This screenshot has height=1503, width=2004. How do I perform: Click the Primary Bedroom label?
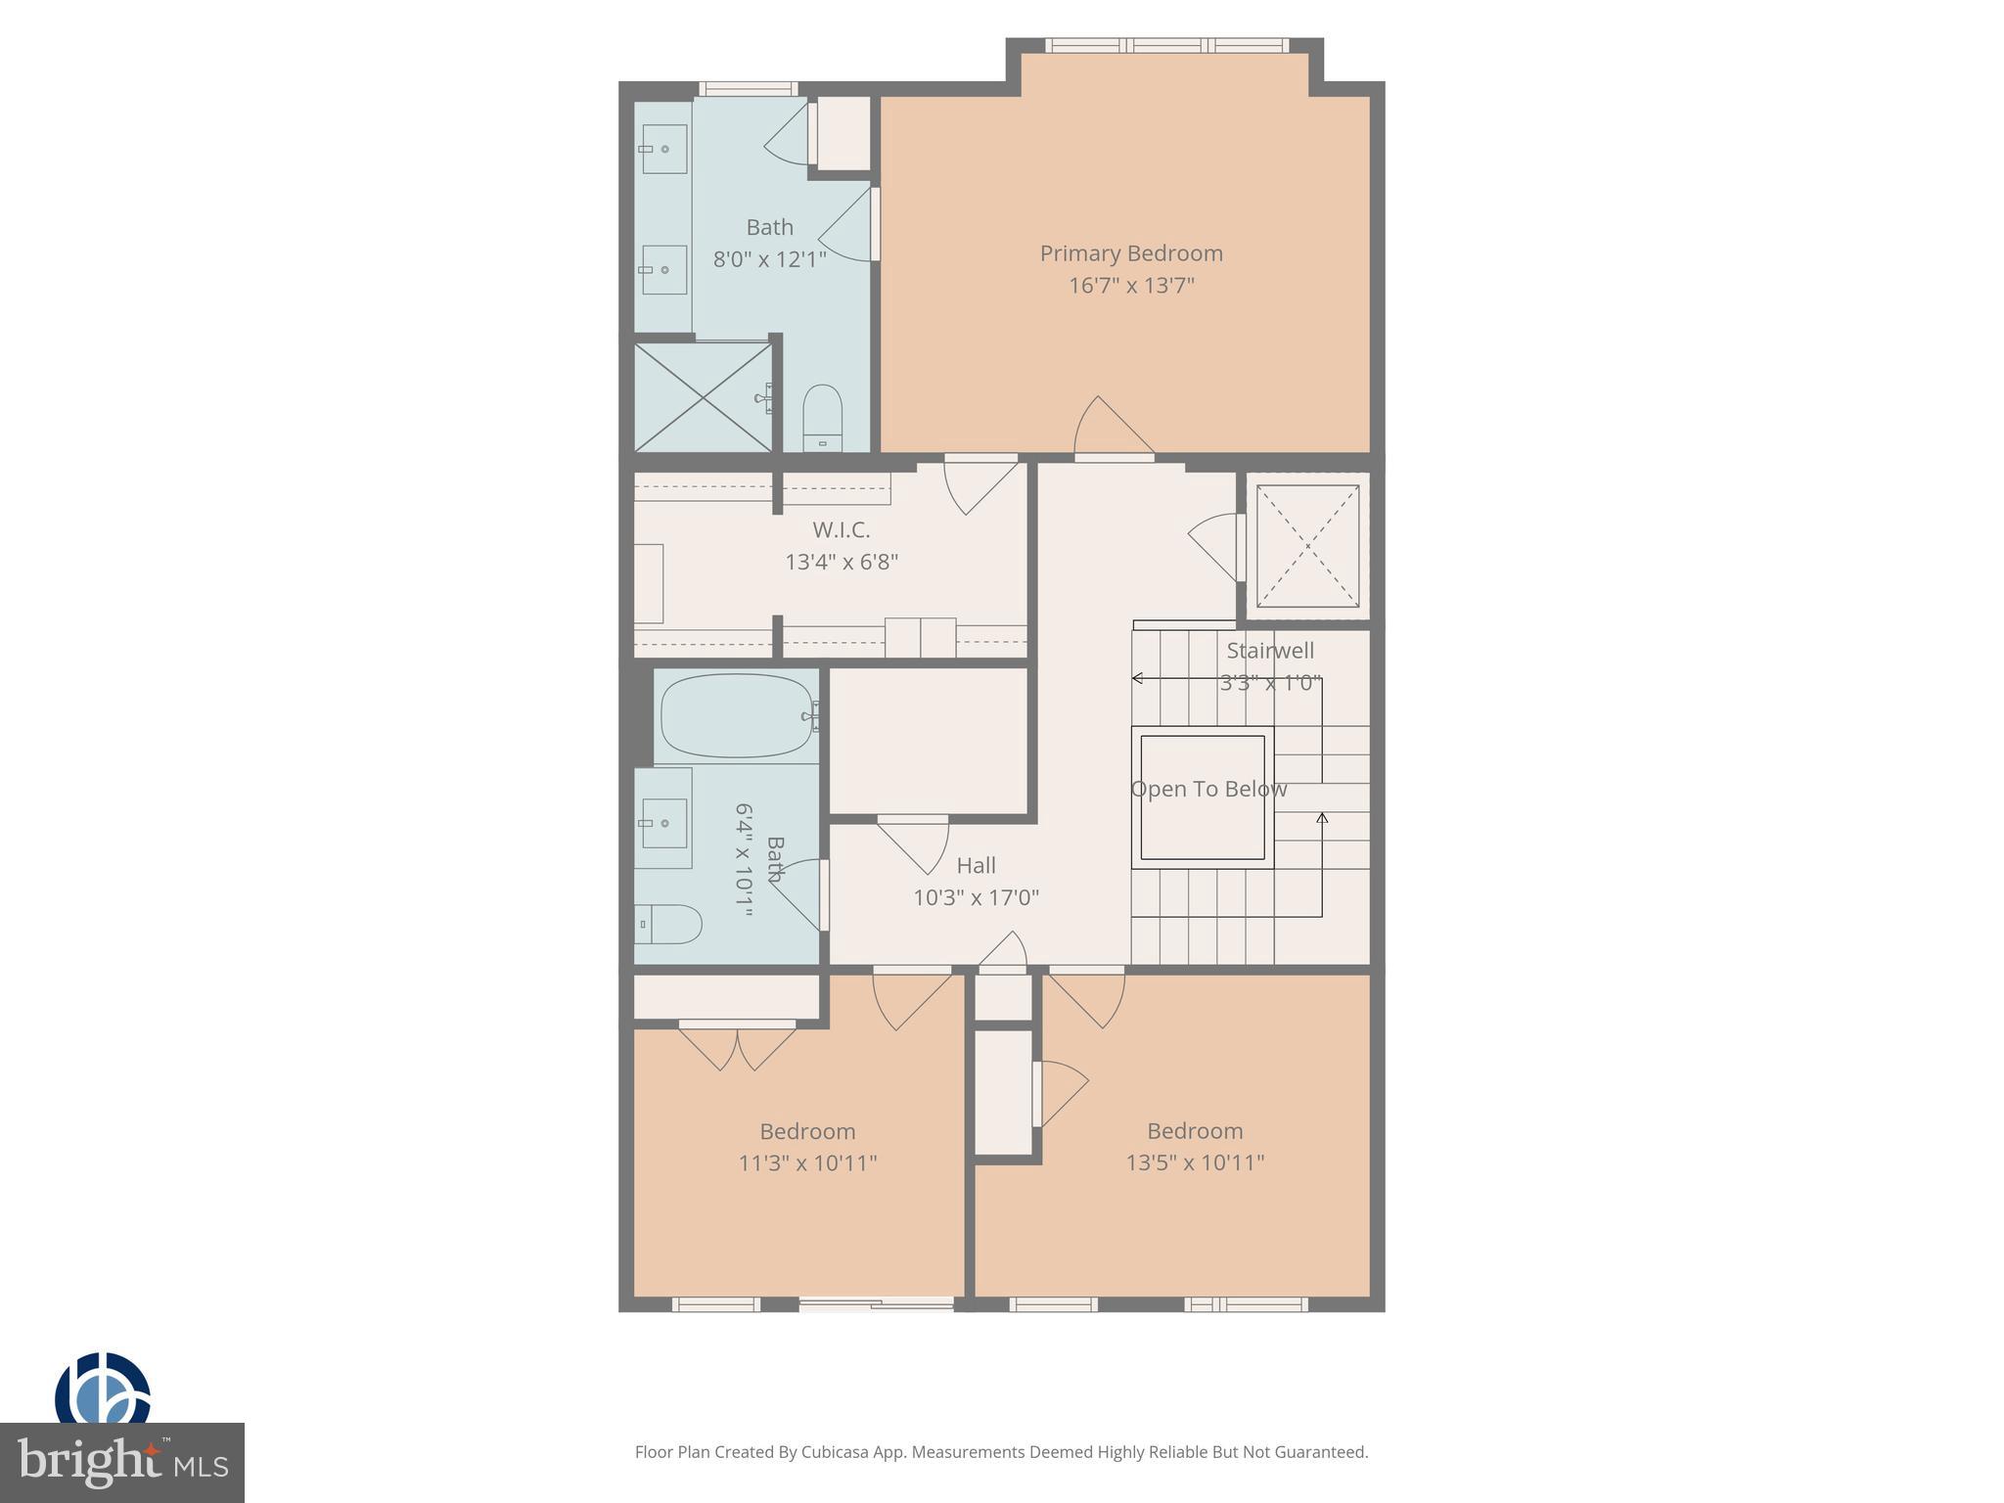pyautogui.click(x=1131, y=253)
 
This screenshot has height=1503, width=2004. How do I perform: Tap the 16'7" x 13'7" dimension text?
pyautogui.click(x=1131, y=286)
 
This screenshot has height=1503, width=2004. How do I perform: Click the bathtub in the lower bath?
pyautogui.click(x=737, y=715)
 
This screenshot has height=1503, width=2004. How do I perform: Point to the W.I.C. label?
pyautogui.click(x=841, y=529)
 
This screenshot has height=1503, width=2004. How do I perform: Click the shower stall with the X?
pyautogui.click(x=703, y=396)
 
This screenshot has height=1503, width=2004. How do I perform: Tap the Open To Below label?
pyautogui.click(x=1208, y=789)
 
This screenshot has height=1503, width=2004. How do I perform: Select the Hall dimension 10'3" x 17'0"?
pyautogui.click(x=976, y=897)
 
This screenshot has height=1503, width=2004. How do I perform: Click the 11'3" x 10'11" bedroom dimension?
pyautogui.click(x=807, y=1163)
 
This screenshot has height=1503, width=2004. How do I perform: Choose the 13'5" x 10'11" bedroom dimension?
pyautogui.click(x=1195, y=1162)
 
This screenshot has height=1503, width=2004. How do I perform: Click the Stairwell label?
pyautogui.click(x=1270, y=651)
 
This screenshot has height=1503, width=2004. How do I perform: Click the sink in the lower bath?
pyautogui.click(x=663, y=823)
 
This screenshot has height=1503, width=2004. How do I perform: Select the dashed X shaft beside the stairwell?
pyautogui.click(x=1307, y=546)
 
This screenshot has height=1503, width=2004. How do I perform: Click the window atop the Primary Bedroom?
pyautogui.click(x=1166, y=45)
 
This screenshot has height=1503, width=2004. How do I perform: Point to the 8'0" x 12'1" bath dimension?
pyautogui.click(x=769, y=259)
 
